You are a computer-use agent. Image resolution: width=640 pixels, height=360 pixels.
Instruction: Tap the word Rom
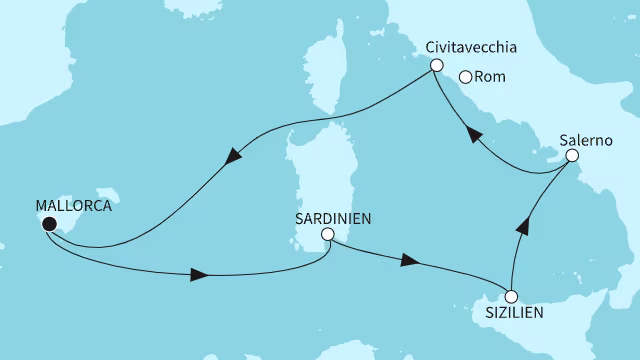click(491, 76)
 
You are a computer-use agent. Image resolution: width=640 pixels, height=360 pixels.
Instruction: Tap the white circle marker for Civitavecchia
click(436, 65)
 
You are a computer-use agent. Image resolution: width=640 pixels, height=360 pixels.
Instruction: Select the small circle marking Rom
click(464, 76)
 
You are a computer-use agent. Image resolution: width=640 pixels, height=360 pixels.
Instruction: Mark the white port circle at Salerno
click(572, 156)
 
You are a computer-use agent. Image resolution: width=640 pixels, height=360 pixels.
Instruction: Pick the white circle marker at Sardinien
click(326, 235)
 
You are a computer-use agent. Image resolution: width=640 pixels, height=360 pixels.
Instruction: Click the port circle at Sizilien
click(511, 296)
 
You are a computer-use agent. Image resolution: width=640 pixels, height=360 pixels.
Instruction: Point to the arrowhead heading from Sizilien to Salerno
click(521, 226)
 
